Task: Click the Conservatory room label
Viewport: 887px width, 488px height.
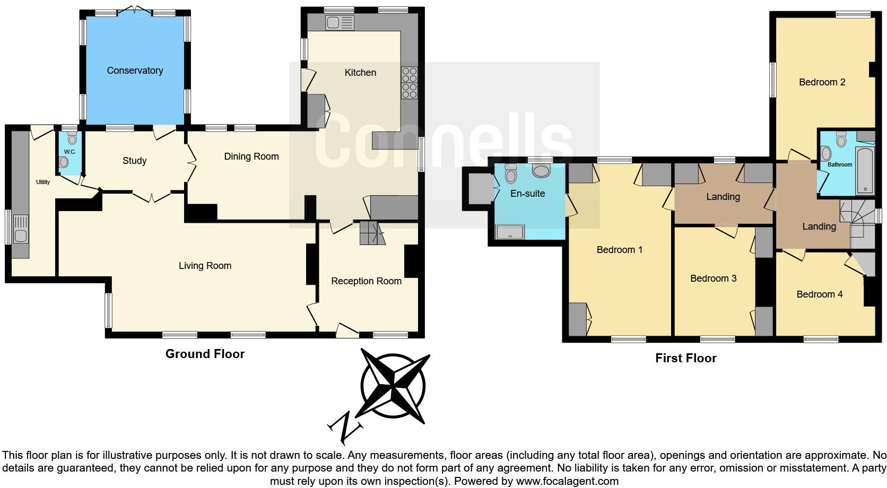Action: [135, 71]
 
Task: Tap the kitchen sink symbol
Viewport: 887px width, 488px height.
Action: [340, 23]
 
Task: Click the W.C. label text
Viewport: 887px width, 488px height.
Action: [70, 152]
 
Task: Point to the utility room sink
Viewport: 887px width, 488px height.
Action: [20, 229]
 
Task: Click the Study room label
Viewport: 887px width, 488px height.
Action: [134, 161]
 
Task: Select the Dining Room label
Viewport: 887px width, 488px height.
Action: [251, 156]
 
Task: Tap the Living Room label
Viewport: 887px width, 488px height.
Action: [205, 266]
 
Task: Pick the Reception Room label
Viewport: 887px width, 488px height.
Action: [366, 281]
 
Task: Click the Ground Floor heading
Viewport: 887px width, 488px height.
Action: [205, 354]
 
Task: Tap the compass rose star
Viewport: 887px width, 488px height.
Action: [393, 386]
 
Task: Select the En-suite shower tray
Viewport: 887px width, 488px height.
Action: [509, 231]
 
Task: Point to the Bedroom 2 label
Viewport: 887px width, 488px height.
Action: [822, 82]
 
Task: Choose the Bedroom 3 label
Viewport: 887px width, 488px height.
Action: [713, 278]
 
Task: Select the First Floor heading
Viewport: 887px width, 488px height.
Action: [685, 358]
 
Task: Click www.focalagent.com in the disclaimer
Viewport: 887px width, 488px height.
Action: [567, 482]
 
